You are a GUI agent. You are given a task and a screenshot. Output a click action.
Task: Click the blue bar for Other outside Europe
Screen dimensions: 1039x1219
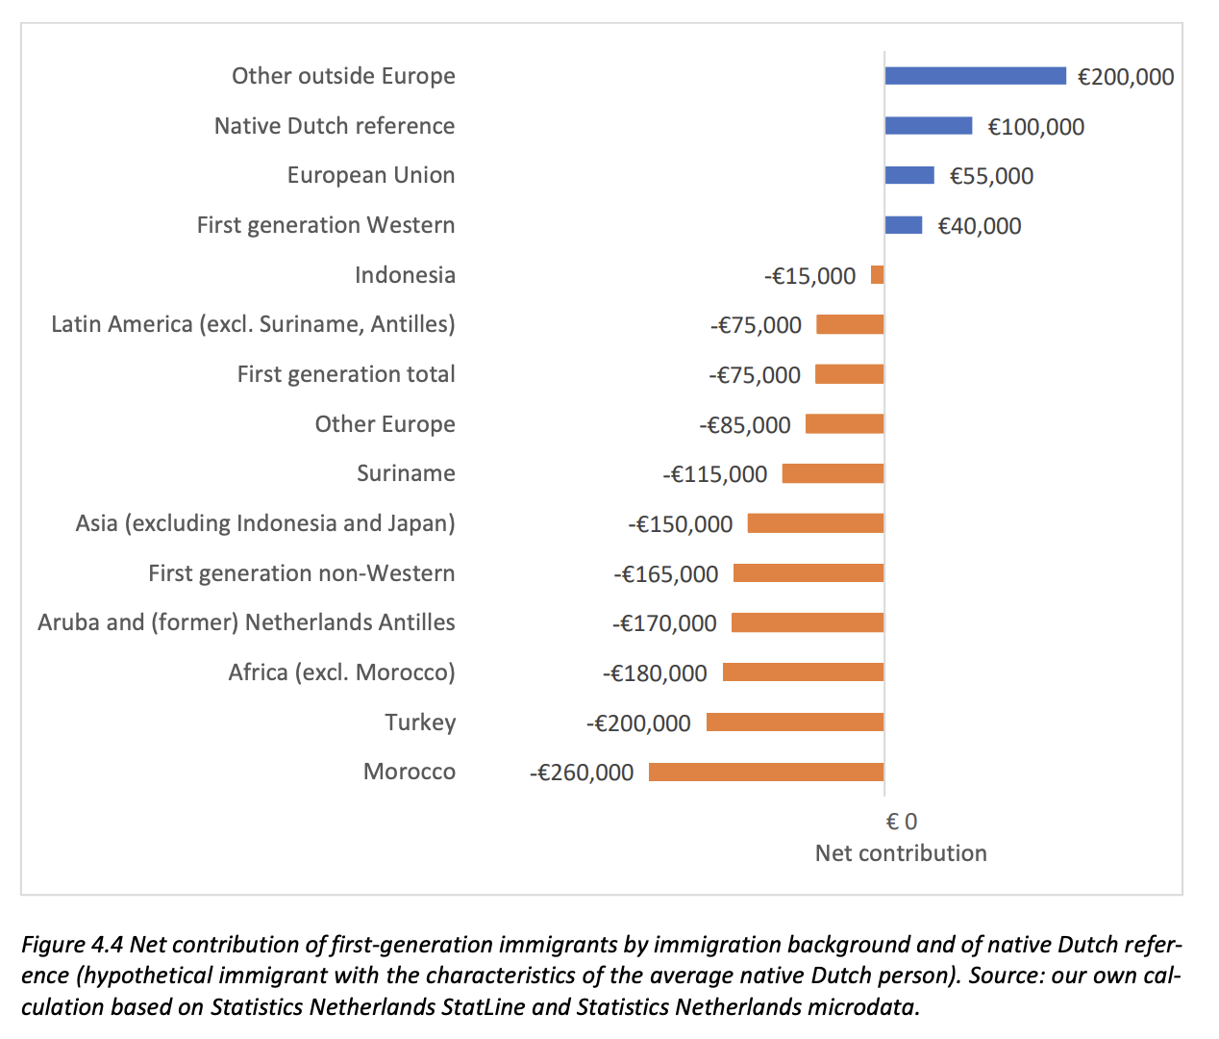975,76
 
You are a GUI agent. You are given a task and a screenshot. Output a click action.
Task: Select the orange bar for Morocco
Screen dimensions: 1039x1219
766,772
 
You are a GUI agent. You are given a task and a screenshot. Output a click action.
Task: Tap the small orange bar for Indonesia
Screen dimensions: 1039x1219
877,275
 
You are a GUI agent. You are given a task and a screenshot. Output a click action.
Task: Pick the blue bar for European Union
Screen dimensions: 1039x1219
909,175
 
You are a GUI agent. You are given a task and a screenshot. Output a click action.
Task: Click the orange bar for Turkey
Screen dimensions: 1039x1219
795,722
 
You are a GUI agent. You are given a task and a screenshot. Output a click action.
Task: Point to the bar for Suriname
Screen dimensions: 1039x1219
833,473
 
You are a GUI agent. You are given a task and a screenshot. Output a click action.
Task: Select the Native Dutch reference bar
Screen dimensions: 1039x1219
929,126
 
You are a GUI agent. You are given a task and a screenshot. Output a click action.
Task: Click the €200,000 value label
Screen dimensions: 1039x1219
1126,77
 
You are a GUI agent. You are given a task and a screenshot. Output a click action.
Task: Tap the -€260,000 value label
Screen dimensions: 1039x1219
582,773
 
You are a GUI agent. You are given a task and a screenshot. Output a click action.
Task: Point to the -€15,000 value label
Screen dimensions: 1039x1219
809,276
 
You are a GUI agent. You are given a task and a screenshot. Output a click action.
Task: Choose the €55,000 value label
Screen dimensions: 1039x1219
991,176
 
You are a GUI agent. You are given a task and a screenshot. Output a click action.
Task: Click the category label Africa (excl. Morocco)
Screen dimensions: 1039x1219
341,672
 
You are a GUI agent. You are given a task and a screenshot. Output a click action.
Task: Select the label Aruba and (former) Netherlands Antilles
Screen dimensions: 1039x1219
246,622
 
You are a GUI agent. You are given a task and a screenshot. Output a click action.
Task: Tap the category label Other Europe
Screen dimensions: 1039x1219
385,424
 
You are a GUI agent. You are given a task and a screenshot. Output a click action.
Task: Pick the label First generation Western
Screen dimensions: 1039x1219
326,225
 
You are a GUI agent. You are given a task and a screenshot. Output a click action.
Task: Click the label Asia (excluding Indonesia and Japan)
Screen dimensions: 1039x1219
265,523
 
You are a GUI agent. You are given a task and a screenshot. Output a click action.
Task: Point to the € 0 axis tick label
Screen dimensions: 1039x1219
901,822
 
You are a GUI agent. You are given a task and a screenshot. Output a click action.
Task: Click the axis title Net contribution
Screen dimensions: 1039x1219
901,853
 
